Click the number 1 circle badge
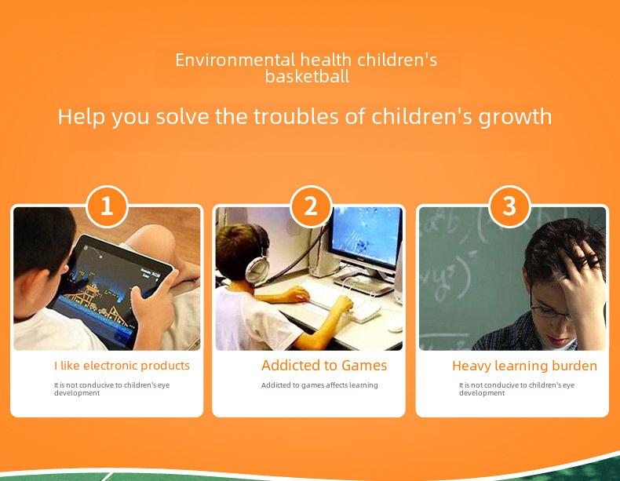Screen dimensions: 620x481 [107, 206]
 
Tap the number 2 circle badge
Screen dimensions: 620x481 [311, 206]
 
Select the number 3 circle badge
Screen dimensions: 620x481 [509, 206]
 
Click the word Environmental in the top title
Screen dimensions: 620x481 [235, 60]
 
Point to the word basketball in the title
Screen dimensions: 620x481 [307, 76]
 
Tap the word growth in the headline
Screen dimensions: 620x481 [515, 118]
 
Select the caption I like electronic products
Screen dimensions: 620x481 [122, 366]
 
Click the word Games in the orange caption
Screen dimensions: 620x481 [364, 365]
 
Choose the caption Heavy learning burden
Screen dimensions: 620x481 [525, 366]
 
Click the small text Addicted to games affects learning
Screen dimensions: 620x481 [319, 385]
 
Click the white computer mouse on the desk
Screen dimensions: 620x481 [395, 326]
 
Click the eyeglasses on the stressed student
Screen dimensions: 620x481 [550, 312]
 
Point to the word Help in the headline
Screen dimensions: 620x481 [82, 118]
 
